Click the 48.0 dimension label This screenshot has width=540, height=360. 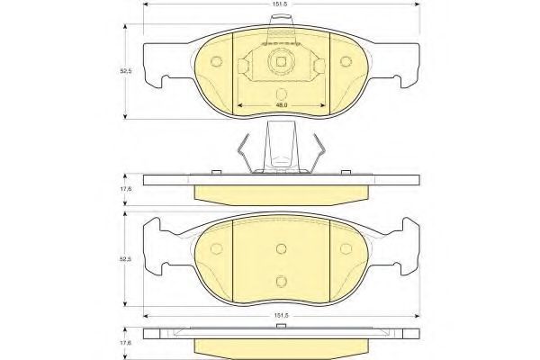pyautogui.click(x=282, y=105)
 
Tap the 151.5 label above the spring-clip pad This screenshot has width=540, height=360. pyautogui.click(x=282, y=4)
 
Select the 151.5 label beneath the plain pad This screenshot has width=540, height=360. pyautogui.click(x=282, y=316)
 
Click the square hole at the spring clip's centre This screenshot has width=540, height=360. pyautogui.click(x=282, y=62)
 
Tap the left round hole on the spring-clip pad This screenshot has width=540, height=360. pyautogui.click(x=216, y=61)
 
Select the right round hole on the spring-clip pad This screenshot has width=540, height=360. pyautogui.click(x=346, y=61)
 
